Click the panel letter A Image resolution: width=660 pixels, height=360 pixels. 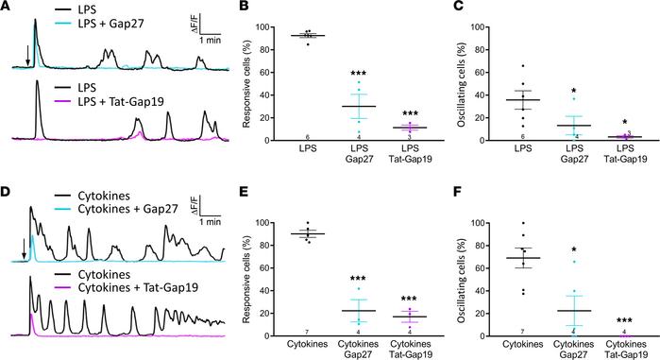(7, 7)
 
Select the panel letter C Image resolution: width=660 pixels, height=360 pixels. (448, 7)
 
